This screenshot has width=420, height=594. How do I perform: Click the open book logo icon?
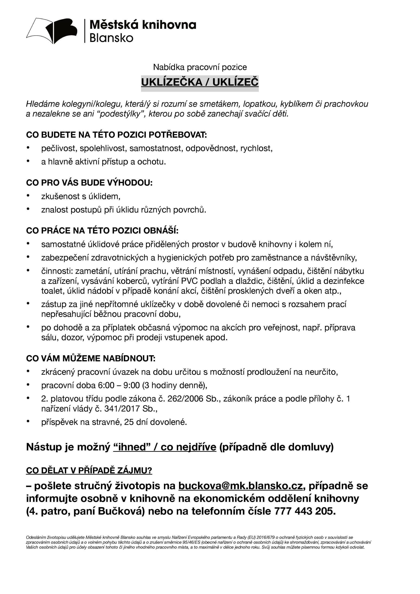click(x=52, y=31)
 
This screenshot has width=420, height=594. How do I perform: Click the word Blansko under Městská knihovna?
click(x=111, y=38)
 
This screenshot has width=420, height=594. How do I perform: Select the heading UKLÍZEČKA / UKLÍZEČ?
click(x=200, y=82)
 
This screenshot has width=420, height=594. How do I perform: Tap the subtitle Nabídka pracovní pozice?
click(x=200, y=67)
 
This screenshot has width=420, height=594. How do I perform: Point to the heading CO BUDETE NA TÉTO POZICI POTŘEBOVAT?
click(x=116, y=135)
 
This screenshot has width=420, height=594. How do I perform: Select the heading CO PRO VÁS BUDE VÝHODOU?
click(x=89, y=183)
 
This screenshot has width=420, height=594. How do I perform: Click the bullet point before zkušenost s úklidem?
click(x=28, y=196)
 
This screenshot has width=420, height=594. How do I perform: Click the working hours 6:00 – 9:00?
click(x=119, y=385)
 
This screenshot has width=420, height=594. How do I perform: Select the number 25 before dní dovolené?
click(x=129, y=422)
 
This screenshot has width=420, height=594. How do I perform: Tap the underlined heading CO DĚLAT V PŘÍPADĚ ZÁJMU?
click(x=89, y=470)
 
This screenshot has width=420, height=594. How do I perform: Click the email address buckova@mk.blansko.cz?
click(x=240, y=486)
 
